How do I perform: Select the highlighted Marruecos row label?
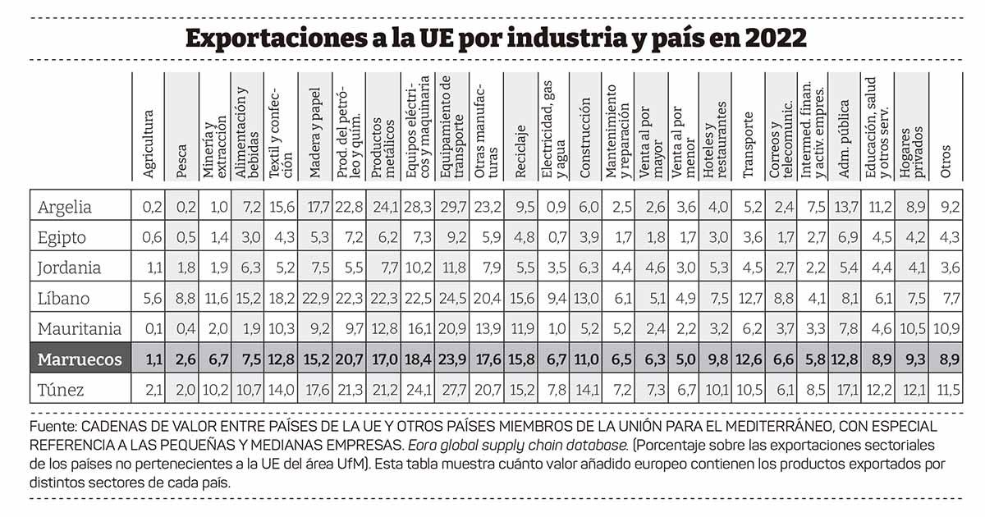click(79, 359)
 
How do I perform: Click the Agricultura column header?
click(149, 144)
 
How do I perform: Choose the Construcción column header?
click(584, 139)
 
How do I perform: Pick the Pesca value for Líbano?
click(181, 299)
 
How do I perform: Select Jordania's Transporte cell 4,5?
click(748, 268)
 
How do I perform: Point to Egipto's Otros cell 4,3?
click(948, 238)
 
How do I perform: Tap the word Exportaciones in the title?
click(274, 38)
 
